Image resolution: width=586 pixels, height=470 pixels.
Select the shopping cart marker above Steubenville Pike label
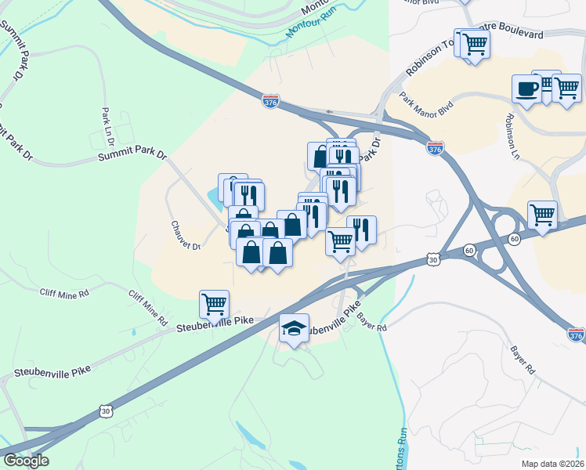[214, 303]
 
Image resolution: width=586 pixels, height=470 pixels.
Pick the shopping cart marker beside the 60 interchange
[542, 214]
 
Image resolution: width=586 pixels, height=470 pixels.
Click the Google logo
[25, 461]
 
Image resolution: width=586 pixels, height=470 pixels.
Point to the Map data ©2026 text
[552, 464]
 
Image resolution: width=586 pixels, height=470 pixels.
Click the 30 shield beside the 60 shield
[434, 258]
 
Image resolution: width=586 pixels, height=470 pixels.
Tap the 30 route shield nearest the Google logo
[106, 410]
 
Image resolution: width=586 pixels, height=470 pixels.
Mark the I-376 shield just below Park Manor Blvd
[436, 147]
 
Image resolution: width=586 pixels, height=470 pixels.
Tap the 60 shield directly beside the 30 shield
[468, 250]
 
